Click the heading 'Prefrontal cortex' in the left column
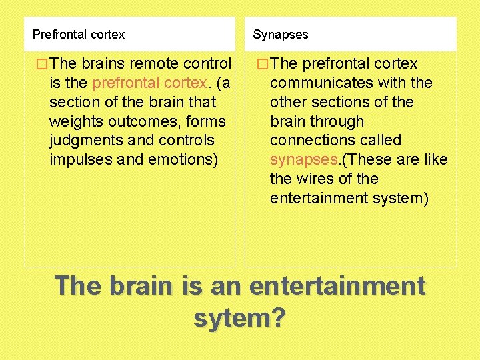(79, 34)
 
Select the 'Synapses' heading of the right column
(281, 34)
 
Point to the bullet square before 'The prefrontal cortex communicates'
(262, 64)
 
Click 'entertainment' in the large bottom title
(337, 287)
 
